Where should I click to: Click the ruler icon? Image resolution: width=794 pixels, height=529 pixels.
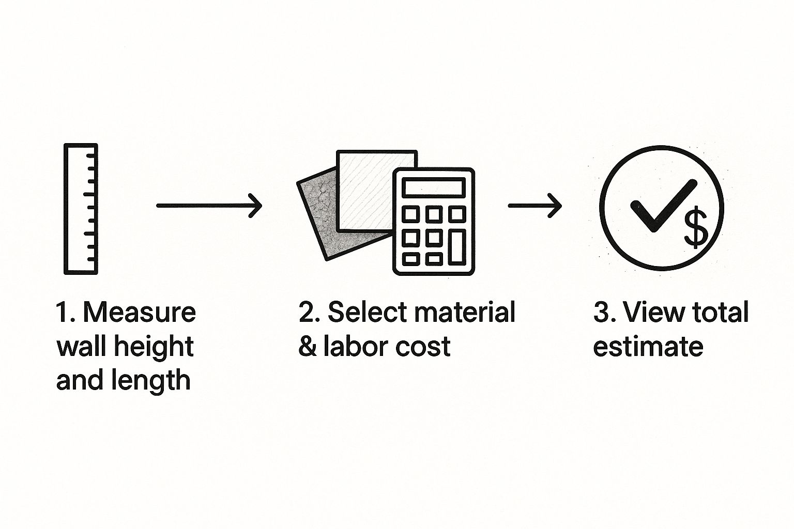coord(81,209)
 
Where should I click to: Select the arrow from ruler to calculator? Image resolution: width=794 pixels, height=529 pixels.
coord(209,206)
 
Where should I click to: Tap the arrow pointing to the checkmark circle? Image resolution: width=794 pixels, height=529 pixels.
coord(535,206)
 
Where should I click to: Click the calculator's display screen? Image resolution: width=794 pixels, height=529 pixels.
coord(433,186)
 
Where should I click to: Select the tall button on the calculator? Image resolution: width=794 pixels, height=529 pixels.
coord(456,246)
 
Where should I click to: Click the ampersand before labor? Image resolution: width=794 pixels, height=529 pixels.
coord(308,347)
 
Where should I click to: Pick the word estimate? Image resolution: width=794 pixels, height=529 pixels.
coord(648,347)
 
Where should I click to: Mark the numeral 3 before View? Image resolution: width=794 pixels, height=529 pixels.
coord(601,313)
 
